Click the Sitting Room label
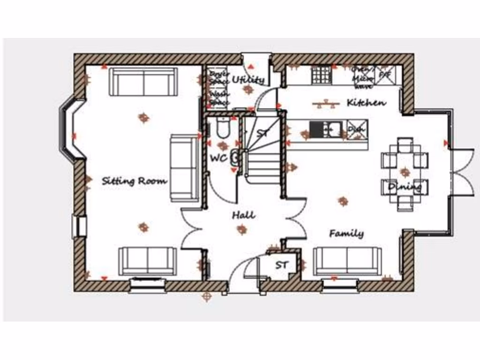tap(134, 181)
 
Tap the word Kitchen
tap(366, 103)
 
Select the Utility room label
tap(248, 80)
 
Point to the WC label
tap(218, 158)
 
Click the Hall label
tap(244, 215)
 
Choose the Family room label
tap(346, 233)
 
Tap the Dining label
tap(405, 187)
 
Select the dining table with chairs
tap(405, 173)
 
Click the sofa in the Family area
tap(347, 261)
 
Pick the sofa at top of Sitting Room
tap(143, 82)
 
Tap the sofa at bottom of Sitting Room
tap(148, 261)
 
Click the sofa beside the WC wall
tap(184, 168)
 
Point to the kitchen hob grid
tap(322, 75)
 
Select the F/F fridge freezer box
tap(385, 74)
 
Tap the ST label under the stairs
tap(264, 133)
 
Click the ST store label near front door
tap(281, 265)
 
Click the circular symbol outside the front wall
tap(206, 296)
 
